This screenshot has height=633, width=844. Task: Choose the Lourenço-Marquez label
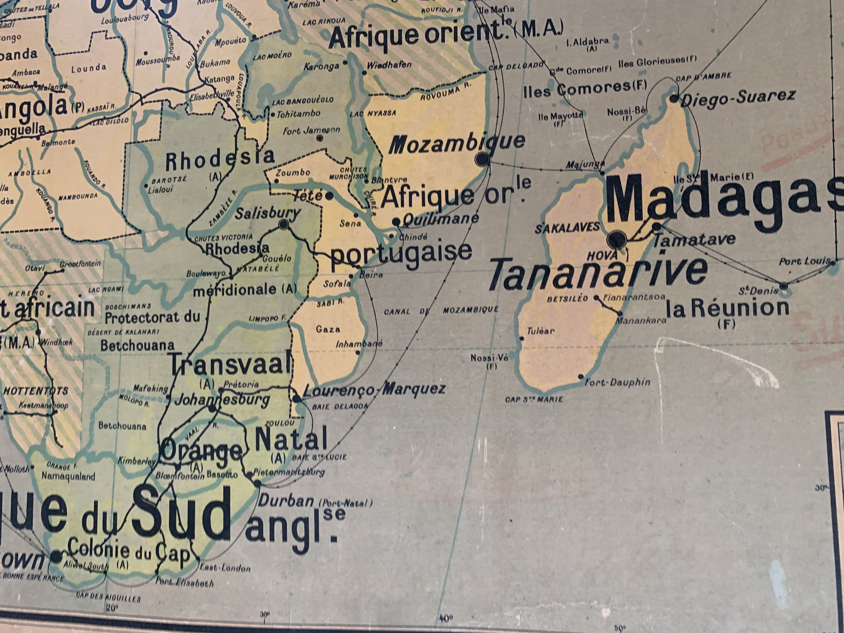(x=374, y=389)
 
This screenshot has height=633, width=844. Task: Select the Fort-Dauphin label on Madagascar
(x=617, y=382)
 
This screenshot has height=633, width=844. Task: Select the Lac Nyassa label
(x=373, y=113)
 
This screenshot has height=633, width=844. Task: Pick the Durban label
(x=286, y=500)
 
